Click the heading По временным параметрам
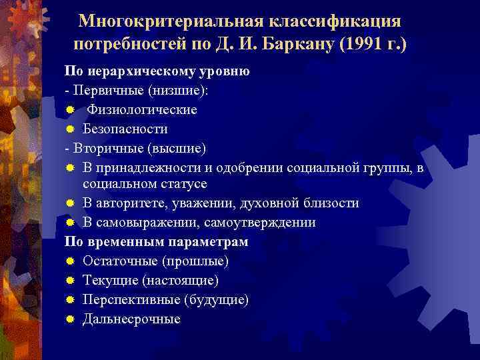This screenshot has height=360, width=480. [x=156, y=241]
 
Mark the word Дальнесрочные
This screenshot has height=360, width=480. [x=131, y=319]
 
